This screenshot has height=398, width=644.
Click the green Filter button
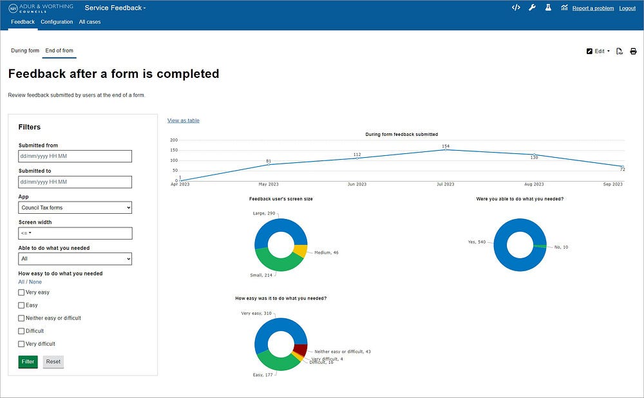28,361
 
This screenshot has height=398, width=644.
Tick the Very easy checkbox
21,292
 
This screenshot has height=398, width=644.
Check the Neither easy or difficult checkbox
21,318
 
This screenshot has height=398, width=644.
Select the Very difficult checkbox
21,344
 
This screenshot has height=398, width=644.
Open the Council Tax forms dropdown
75,207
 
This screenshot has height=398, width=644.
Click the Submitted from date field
75,156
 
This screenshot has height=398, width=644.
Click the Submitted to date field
75,182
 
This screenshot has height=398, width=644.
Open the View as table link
183,120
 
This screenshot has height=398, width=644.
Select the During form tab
25,51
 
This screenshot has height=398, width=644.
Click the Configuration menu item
57,22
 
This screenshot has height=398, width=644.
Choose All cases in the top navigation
90,22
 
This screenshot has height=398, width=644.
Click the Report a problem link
593,8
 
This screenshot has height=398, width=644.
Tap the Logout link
627,8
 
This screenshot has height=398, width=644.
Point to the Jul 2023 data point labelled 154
446,150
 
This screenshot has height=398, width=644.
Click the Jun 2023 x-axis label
357,184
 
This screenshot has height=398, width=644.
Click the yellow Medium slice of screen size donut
300,251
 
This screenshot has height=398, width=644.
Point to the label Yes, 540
477,242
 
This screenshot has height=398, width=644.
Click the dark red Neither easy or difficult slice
300,351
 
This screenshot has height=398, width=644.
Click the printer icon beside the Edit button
634,51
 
